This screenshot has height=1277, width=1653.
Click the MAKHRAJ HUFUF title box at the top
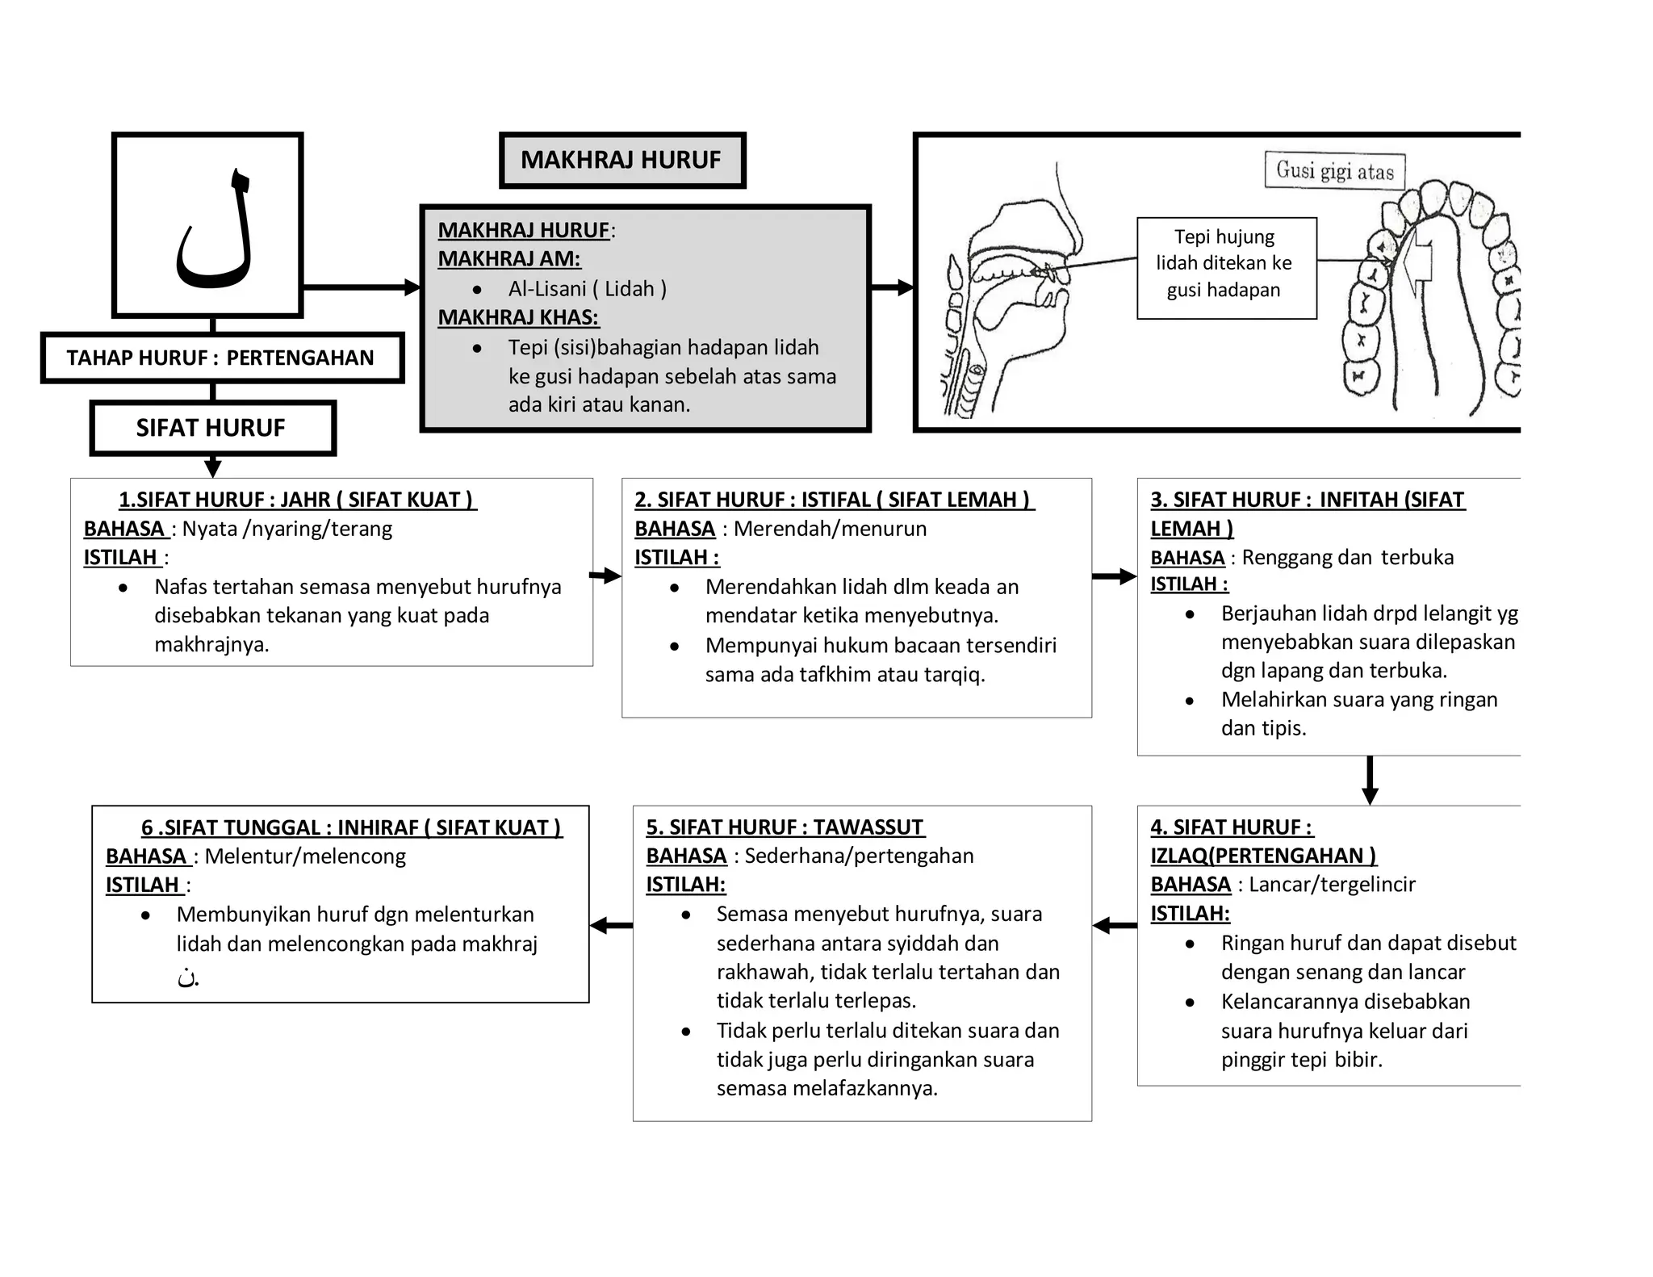[621, 160]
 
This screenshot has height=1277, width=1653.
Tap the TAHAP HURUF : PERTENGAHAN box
[220, 358]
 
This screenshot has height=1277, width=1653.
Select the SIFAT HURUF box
[211, 428]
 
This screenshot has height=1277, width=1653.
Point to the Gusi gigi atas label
[1334, 171]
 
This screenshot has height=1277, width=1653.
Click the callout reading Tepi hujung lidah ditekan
[1225, 264]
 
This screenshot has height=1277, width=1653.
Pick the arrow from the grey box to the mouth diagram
[893, 287]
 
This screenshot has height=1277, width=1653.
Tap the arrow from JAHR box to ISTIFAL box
[605, 576]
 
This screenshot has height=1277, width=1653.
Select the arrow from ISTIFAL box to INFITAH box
[1115, 576]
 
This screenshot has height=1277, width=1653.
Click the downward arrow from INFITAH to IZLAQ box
[1370, 780]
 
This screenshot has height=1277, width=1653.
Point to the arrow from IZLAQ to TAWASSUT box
[1115, 926]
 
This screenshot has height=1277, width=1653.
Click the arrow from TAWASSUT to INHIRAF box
[611, 926]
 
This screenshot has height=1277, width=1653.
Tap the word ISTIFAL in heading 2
[835, 500]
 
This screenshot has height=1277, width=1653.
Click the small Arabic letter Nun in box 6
[186, 977]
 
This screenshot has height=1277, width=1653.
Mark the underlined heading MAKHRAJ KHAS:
[518, 317]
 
